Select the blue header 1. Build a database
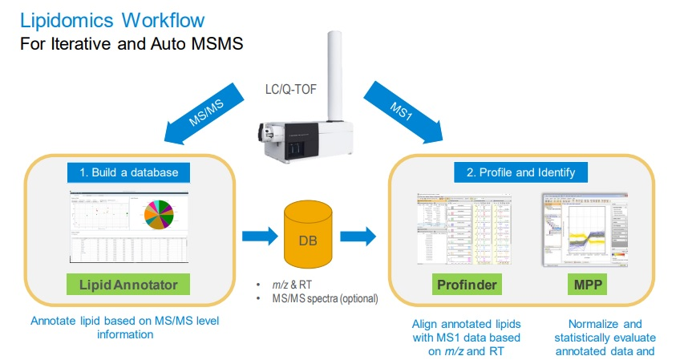click(x=129, y=172)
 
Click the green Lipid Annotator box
click(x=128, y=283)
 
